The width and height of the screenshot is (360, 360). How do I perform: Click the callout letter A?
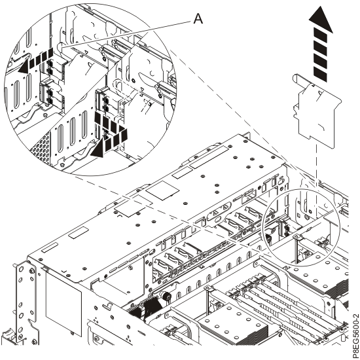point(198,19)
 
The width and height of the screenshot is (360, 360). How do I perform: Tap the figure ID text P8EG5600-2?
point(355,336)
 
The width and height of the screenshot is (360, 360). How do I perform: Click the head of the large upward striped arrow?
point(321,20)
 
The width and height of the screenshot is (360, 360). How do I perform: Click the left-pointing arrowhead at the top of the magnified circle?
point(25,67)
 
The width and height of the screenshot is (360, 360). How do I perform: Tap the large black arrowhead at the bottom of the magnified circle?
point(98,149)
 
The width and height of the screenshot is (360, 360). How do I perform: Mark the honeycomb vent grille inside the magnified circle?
point(42,147)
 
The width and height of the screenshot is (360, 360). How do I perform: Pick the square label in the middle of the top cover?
point(162,190)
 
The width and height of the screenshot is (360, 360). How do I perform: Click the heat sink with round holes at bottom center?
point(232,323)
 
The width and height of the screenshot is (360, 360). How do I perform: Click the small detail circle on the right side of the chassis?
point(301,227)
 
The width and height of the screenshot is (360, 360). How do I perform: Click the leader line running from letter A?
point(127,34)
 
